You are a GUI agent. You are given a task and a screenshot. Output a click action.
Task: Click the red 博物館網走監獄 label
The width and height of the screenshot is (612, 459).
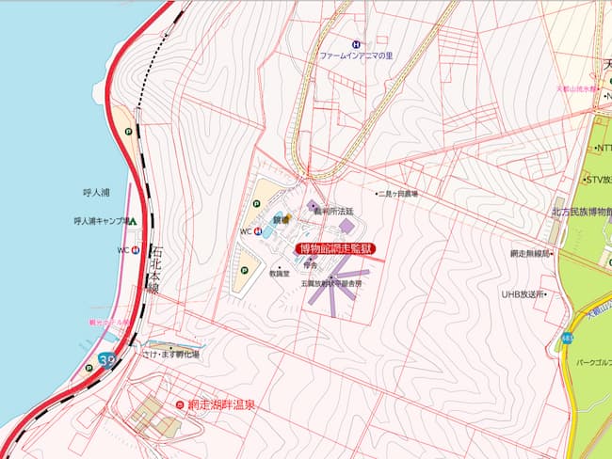[340, 249]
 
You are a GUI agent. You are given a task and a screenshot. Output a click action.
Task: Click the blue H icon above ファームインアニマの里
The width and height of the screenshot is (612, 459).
[356, 43]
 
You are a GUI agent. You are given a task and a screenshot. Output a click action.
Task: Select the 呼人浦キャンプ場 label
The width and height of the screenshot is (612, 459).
[100, 222]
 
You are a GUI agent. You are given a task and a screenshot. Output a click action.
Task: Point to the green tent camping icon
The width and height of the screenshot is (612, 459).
[132, 222]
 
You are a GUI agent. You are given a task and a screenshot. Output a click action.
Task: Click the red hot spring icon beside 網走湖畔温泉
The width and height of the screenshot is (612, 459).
[180, 404]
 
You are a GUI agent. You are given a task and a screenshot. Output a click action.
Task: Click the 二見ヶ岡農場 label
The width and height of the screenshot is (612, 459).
[398, 194]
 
